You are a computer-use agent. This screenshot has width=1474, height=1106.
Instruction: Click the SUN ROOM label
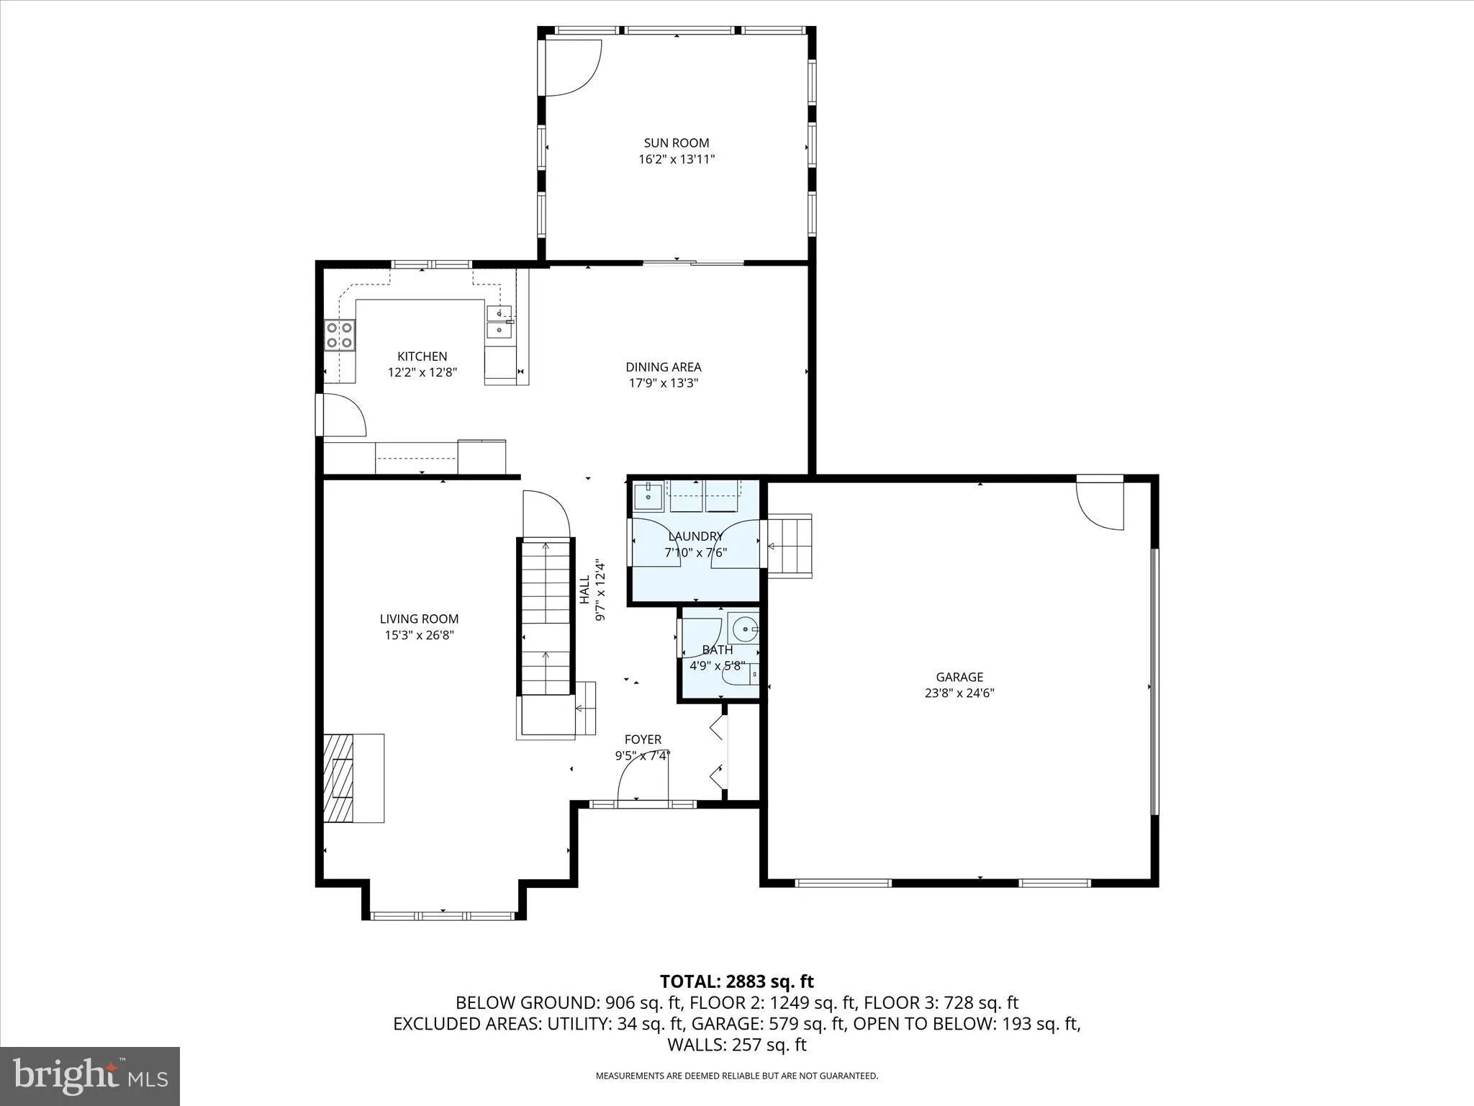(676, 143)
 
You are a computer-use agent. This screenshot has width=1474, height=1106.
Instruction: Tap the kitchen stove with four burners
(340, 335)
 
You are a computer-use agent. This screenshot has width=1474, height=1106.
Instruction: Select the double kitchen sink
(499, 322)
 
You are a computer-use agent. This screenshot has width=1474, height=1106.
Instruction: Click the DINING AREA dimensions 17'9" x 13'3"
(663, 383)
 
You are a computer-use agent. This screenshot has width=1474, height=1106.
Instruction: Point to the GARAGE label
(959, 677)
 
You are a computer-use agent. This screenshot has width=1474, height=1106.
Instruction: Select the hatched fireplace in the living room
(339, 778)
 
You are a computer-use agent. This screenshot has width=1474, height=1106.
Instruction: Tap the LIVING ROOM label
(419, 619)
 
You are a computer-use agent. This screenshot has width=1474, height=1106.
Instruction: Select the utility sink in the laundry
(648, 496)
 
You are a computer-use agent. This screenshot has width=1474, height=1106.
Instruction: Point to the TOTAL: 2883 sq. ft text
(736, 981)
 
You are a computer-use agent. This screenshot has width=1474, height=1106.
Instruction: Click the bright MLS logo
(90, 1076)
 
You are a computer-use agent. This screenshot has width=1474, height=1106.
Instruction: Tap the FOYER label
(643, 739)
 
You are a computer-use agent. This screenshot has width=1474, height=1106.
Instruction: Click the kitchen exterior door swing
(344, 416)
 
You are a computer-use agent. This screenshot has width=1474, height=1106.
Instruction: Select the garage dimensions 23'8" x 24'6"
(959, 693)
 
